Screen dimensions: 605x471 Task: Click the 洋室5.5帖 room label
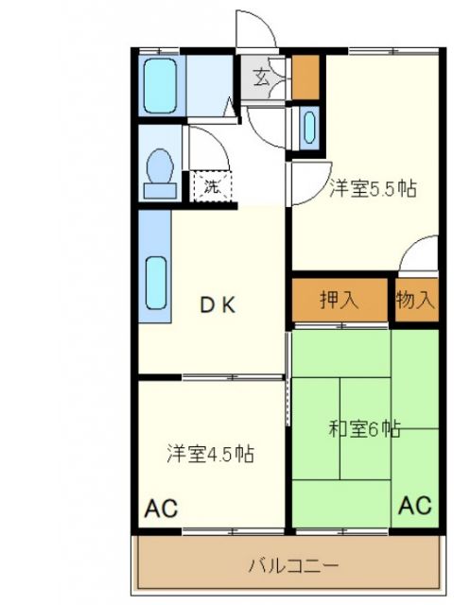point(372,188)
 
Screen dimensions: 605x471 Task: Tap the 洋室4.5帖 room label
point(210,453)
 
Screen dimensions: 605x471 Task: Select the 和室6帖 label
point(364,428)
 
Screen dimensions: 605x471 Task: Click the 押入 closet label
point(339,301)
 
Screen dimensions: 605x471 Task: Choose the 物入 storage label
point(416,301)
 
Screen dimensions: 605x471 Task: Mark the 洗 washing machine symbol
point(213,185)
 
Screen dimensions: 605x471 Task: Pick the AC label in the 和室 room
point(415,505)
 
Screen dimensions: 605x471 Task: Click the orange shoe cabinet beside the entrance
point(305,78)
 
